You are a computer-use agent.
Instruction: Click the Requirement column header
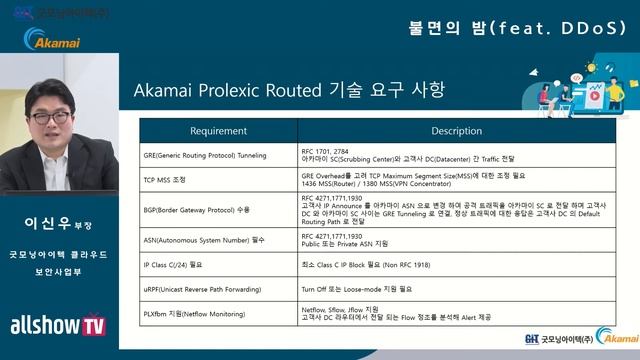(218, 131)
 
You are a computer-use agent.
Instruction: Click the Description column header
(456, 131)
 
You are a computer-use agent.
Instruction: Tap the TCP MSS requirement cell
(172, 180)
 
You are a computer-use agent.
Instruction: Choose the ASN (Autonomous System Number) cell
(206, 240)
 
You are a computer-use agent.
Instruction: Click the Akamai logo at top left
(59, 41)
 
